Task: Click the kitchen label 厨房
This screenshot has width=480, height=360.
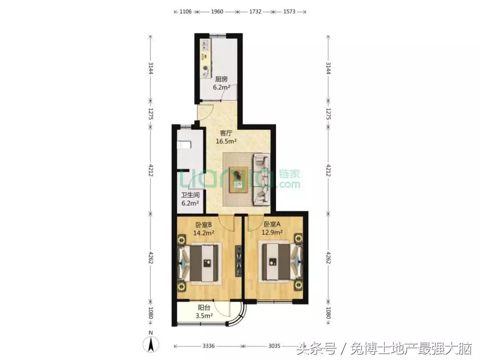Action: coord(221,79)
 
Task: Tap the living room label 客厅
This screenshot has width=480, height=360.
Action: coord(227,133)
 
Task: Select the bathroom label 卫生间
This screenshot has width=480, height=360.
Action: coord(190,195)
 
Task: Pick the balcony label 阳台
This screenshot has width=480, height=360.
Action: coord(204,307)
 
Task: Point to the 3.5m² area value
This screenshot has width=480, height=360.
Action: coord(204,316)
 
